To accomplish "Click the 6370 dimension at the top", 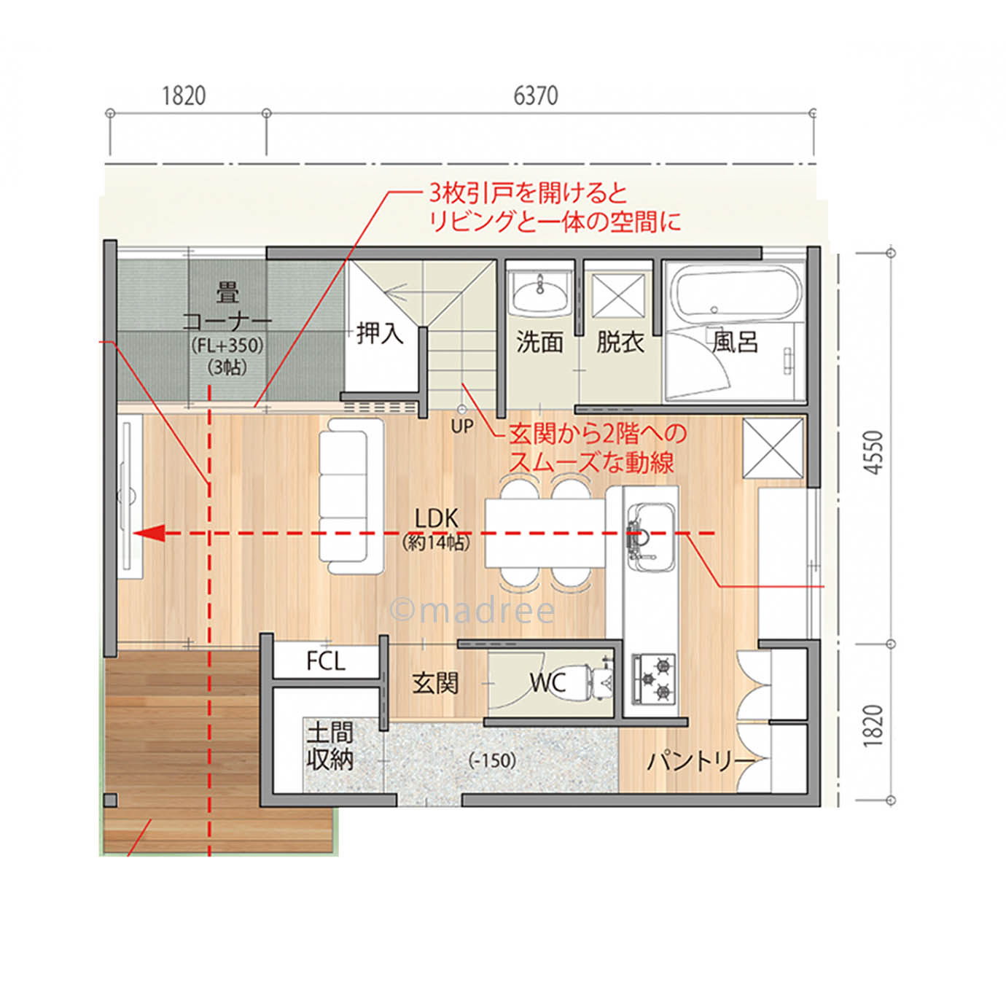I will (x=536, y=95).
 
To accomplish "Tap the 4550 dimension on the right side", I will (x=873, y=452).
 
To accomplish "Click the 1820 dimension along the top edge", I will (x=183, y=95).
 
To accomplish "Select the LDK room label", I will (x=436, y=519).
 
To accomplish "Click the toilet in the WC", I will (x=599, y=680).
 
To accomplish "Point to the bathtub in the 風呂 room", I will (x=736, y=295).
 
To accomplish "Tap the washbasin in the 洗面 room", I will (x=540, y=293).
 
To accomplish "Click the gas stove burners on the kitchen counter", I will (x=654, y=679).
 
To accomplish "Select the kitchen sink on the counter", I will (x=650, y=537).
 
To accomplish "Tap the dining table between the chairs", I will (x=545, y=532).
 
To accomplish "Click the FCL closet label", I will (x=325, y=661).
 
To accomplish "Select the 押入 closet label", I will (x=380, y=333).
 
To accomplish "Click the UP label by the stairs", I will (x=462, y=426).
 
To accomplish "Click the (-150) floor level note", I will (x=493, y=760).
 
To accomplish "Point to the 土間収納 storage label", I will (x=330, y=746).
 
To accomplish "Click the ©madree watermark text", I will (x=472, y=611).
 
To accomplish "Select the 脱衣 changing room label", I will (x=620, y=341).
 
